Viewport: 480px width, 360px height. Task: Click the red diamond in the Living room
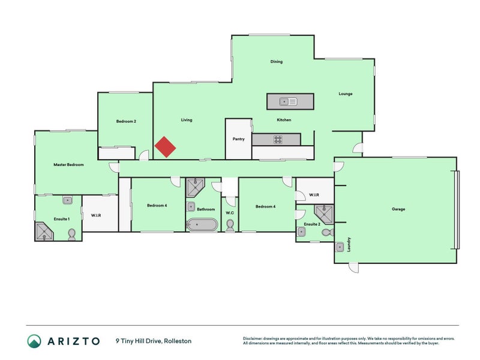click(x=166, y=147)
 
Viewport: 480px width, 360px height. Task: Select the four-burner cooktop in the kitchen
click(x=278, y=139)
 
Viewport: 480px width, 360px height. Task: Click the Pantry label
click(x=238, y=139)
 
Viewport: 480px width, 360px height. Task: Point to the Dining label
click(x=276, y=62)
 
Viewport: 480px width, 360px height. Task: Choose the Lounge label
click(x=345, y=94)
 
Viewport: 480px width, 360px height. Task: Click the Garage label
click(x=398, y=209)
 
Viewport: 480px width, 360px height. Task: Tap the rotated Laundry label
click(x=349, y=245)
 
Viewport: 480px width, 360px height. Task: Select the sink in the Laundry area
click(x=340, y=245)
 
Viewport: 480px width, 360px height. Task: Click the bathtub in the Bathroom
click(x=202, y=225)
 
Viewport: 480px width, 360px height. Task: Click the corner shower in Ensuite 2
click(x=324, y=214)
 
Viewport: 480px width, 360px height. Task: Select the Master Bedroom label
click(x=68, y=164)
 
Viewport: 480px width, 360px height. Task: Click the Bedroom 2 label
click(x=126, y=121)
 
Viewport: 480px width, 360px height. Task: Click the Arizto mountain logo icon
click(x=34, y=341)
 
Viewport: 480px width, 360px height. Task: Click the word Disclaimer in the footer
click(x=254, y=338)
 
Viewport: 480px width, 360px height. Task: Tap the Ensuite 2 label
click(x=311, y=224)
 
